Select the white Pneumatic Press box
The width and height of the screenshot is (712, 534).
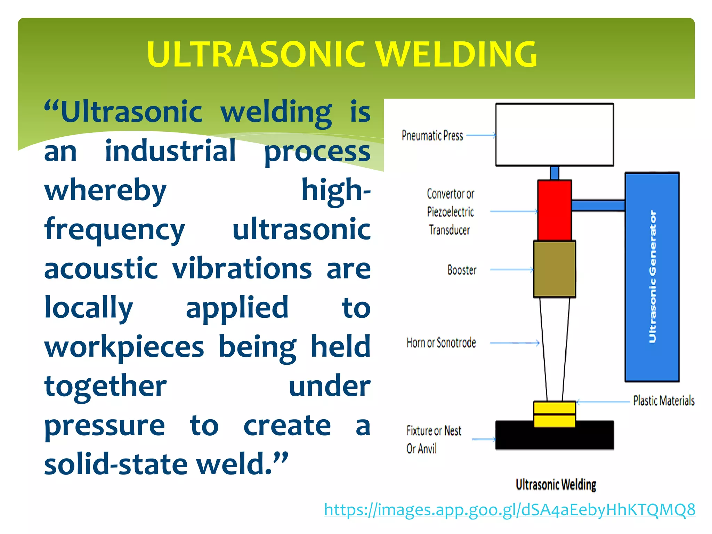point(554,135)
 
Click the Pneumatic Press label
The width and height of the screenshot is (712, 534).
point(432,136)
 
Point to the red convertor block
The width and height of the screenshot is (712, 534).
point(554,210)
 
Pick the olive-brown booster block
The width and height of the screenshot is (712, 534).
point(554,269)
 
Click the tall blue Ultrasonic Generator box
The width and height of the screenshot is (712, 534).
point(652,277)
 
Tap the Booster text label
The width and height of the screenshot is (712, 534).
point(462,270)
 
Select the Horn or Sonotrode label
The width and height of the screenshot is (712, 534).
point(441,343)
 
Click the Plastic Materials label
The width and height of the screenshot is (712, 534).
point(664,401)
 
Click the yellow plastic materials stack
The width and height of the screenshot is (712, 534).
point(554,414)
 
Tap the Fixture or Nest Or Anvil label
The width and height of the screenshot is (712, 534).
point(433,439)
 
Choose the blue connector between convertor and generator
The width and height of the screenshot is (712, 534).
point(598,205)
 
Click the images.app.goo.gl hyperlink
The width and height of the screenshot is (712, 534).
point(509,510)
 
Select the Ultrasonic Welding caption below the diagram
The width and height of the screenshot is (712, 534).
point(556,484)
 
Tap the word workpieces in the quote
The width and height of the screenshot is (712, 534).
point(124,347)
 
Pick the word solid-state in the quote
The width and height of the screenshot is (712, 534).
point(115,464)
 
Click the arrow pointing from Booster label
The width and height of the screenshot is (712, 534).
point(511,269)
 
